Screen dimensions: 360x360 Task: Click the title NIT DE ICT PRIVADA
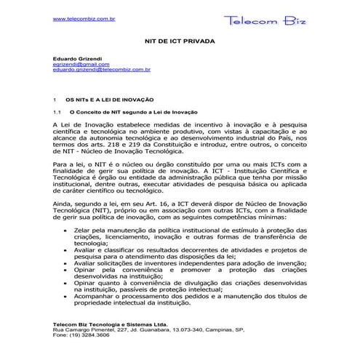click(180, 43)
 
